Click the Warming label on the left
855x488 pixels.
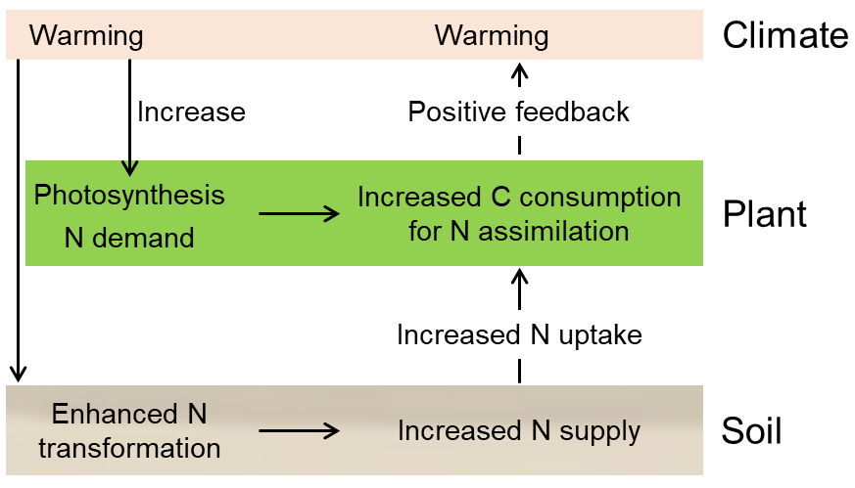coord(86,36)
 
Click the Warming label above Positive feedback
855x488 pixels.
coord(492,36)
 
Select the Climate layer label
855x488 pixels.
coord(784,36)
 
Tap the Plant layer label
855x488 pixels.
coord(764,214)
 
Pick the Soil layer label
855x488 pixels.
coord(752,430)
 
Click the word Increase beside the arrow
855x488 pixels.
coord(191,111)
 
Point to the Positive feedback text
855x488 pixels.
coord(518,111)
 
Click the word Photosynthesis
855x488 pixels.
coord(129,195)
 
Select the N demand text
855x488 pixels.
coord(129,237)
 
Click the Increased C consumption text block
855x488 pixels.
coord(518,213)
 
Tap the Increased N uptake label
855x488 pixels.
coord(519,335)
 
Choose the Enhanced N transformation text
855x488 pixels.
coord(129,430)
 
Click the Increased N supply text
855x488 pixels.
coord(519,430)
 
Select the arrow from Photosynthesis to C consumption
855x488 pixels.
coord(298,212)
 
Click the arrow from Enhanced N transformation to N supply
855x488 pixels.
coord(298,430)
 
